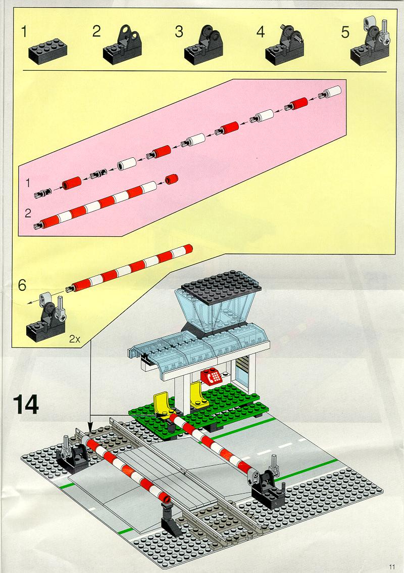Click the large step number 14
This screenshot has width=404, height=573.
(x=26, y=404)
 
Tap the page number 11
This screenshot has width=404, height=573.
(x=392, y=567)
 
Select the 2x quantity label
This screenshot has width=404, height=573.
(x=74, y=339)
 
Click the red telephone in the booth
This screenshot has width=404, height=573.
(x=211, y=377)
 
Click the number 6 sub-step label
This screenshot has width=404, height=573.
(x=22, y=285)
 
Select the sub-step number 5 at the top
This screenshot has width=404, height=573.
(x=345, y=32)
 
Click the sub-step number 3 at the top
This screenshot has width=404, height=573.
(x=179, y=31)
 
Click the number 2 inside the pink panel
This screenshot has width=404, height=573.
(x=28, y=213)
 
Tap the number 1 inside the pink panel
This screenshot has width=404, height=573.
(x=28, y=183)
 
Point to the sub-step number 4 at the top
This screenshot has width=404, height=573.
(x=260, y=32)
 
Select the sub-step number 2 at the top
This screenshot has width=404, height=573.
(x=96, y=31)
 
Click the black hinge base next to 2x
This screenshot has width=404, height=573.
(x=45, y=320)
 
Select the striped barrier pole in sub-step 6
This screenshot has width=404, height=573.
(x=129, y=268)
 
